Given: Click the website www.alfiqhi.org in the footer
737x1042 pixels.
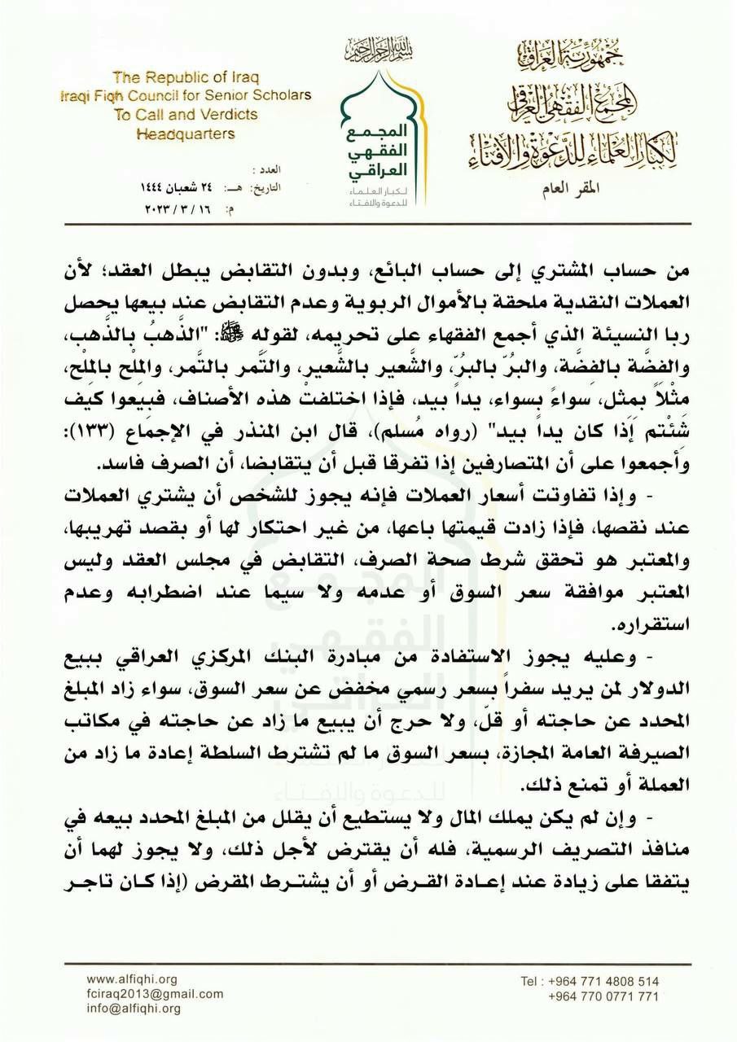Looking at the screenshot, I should tap(131, 979).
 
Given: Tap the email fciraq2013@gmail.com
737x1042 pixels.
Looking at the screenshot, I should tap(155, 994).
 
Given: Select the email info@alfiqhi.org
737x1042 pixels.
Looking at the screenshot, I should tap(134, 1009).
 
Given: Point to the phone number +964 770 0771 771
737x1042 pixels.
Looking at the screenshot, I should tap(603, 996).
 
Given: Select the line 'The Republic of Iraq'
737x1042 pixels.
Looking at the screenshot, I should tap(185, 78).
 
